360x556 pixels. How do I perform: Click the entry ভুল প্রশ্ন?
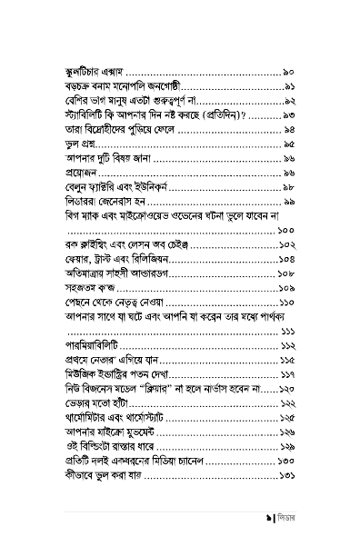tap(77, 144)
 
